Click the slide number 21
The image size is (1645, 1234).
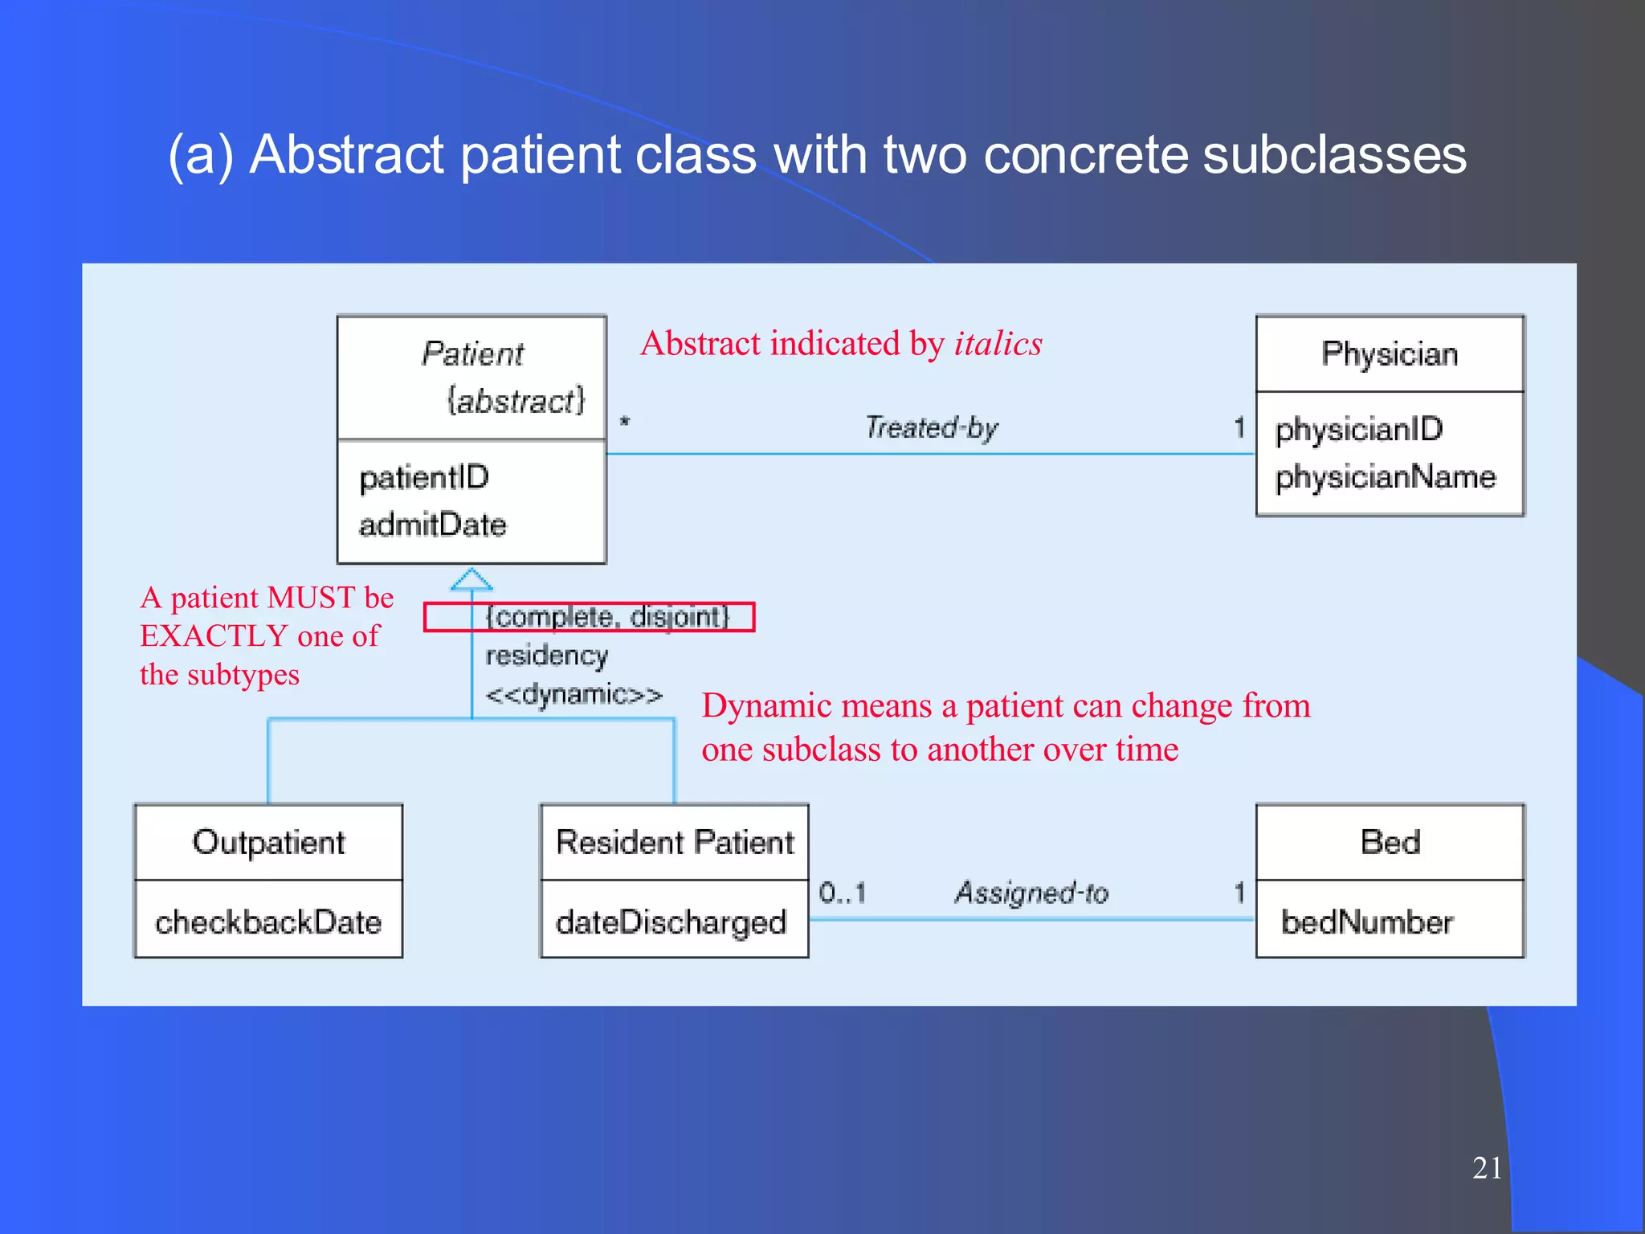point(1487,1167)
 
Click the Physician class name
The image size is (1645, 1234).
point(1390,354)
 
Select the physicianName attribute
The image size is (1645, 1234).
point(1386,477)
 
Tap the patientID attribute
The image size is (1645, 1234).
point(424,478)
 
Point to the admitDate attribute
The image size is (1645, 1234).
point(433,525)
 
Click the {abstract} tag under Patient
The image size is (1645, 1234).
point(516,401)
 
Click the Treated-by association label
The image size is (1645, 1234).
point(932,427)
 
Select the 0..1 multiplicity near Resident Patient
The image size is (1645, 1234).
point(843,893)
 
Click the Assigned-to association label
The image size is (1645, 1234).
point(1031,893)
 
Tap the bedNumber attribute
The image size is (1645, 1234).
point(1367,922)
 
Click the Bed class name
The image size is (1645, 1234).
point(1390,842)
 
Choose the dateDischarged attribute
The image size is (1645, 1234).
point(671,922)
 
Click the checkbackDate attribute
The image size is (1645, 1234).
point(268,922)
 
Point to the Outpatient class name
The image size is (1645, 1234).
point(268,842)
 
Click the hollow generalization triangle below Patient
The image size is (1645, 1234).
point(471,580)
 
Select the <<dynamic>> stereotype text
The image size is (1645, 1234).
point(574,694)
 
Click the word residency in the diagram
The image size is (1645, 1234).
point(546,656)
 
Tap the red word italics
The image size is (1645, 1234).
point(998,344)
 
